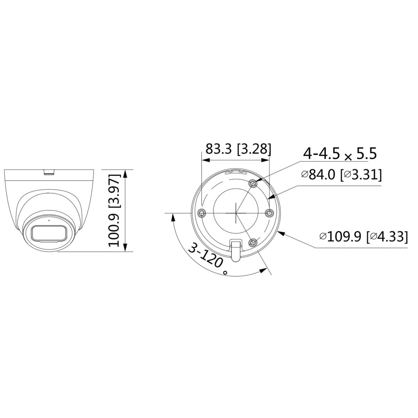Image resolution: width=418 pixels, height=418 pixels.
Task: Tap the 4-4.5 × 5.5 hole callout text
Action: (340, 154)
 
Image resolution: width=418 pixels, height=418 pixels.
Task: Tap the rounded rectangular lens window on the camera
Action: (49, 233)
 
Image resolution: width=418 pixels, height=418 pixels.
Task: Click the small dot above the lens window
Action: (49, 220)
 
